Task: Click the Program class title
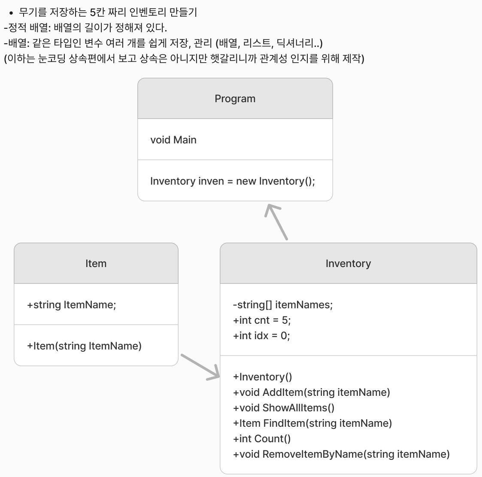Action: pyautogui.click(x=235, y=99)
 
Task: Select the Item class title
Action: pyautogui.click(x=96, y=264)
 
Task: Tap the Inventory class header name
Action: pyautogui.click(x=348, y=264)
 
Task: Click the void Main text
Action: pyautogui.click(x=173, y=140)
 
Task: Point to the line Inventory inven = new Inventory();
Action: pyautogui.click(x=232, y=181)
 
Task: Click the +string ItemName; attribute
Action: pyautogui.click(x=72, y=305)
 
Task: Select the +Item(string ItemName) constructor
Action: pyautogui.click(x=84, y=346)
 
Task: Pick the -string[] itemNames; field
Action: pyautogui.click(x=283, y=305)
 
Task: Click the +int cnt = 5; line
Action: pyautogui.click(x=262, y=320)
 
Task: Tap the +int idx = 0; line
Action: pyautogui.click(x=261, y=336)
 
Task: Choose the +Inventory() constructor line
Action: pyautogui.click(x=262, y=377)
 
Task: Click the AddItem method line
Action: pyautogui.click(x=311, y=392)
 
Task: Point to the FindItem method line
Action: pyautogui.click(x=312, y=423)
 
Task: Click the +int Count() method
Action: pyautogui.click(x=262, y=439)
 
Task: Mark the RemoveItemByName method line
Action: pyautogui.click(x=341, y=454)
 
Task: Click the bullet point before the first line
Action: pyautogui.click(x=12, y=13)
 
